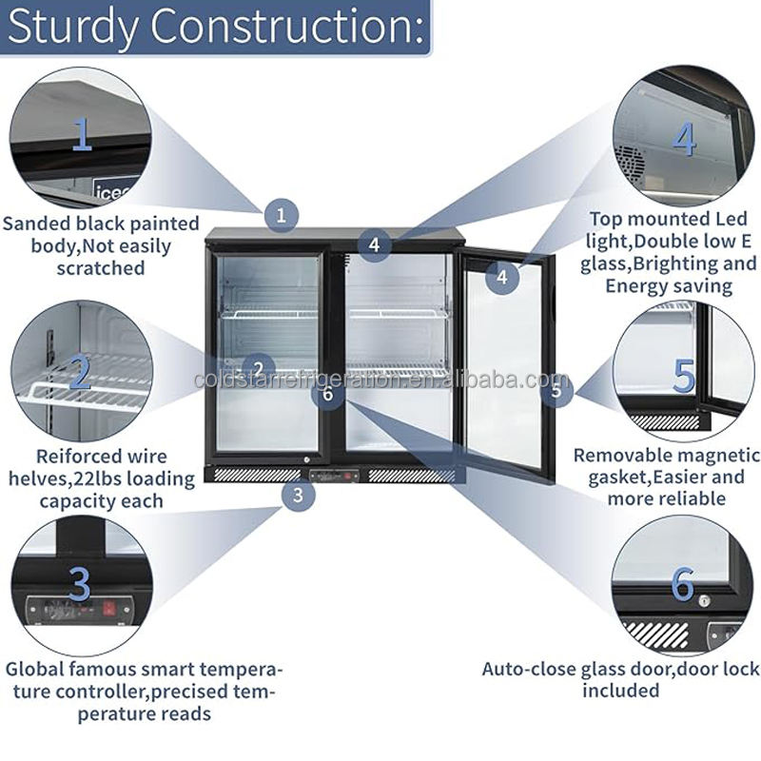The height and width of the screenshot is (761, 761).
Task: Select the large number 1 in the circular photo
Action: [x=83, y=135]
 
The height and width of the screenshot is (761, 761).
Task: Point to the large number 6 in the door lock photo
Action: [x=682, y=585]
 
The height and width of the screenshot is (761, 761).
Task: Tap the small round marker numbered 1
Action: [x=281, y=214]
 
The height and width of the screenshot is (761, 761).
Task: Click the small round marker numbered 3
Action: [x=299, y=494]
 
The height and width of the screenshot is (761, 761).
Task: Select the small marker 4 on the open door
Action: [x=502, y=278]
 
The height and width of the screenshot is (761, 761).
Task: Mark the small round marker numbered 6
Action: [x=328, y=394]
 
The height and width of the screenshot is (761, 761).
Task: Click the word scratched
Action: [x=100, y=268]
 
